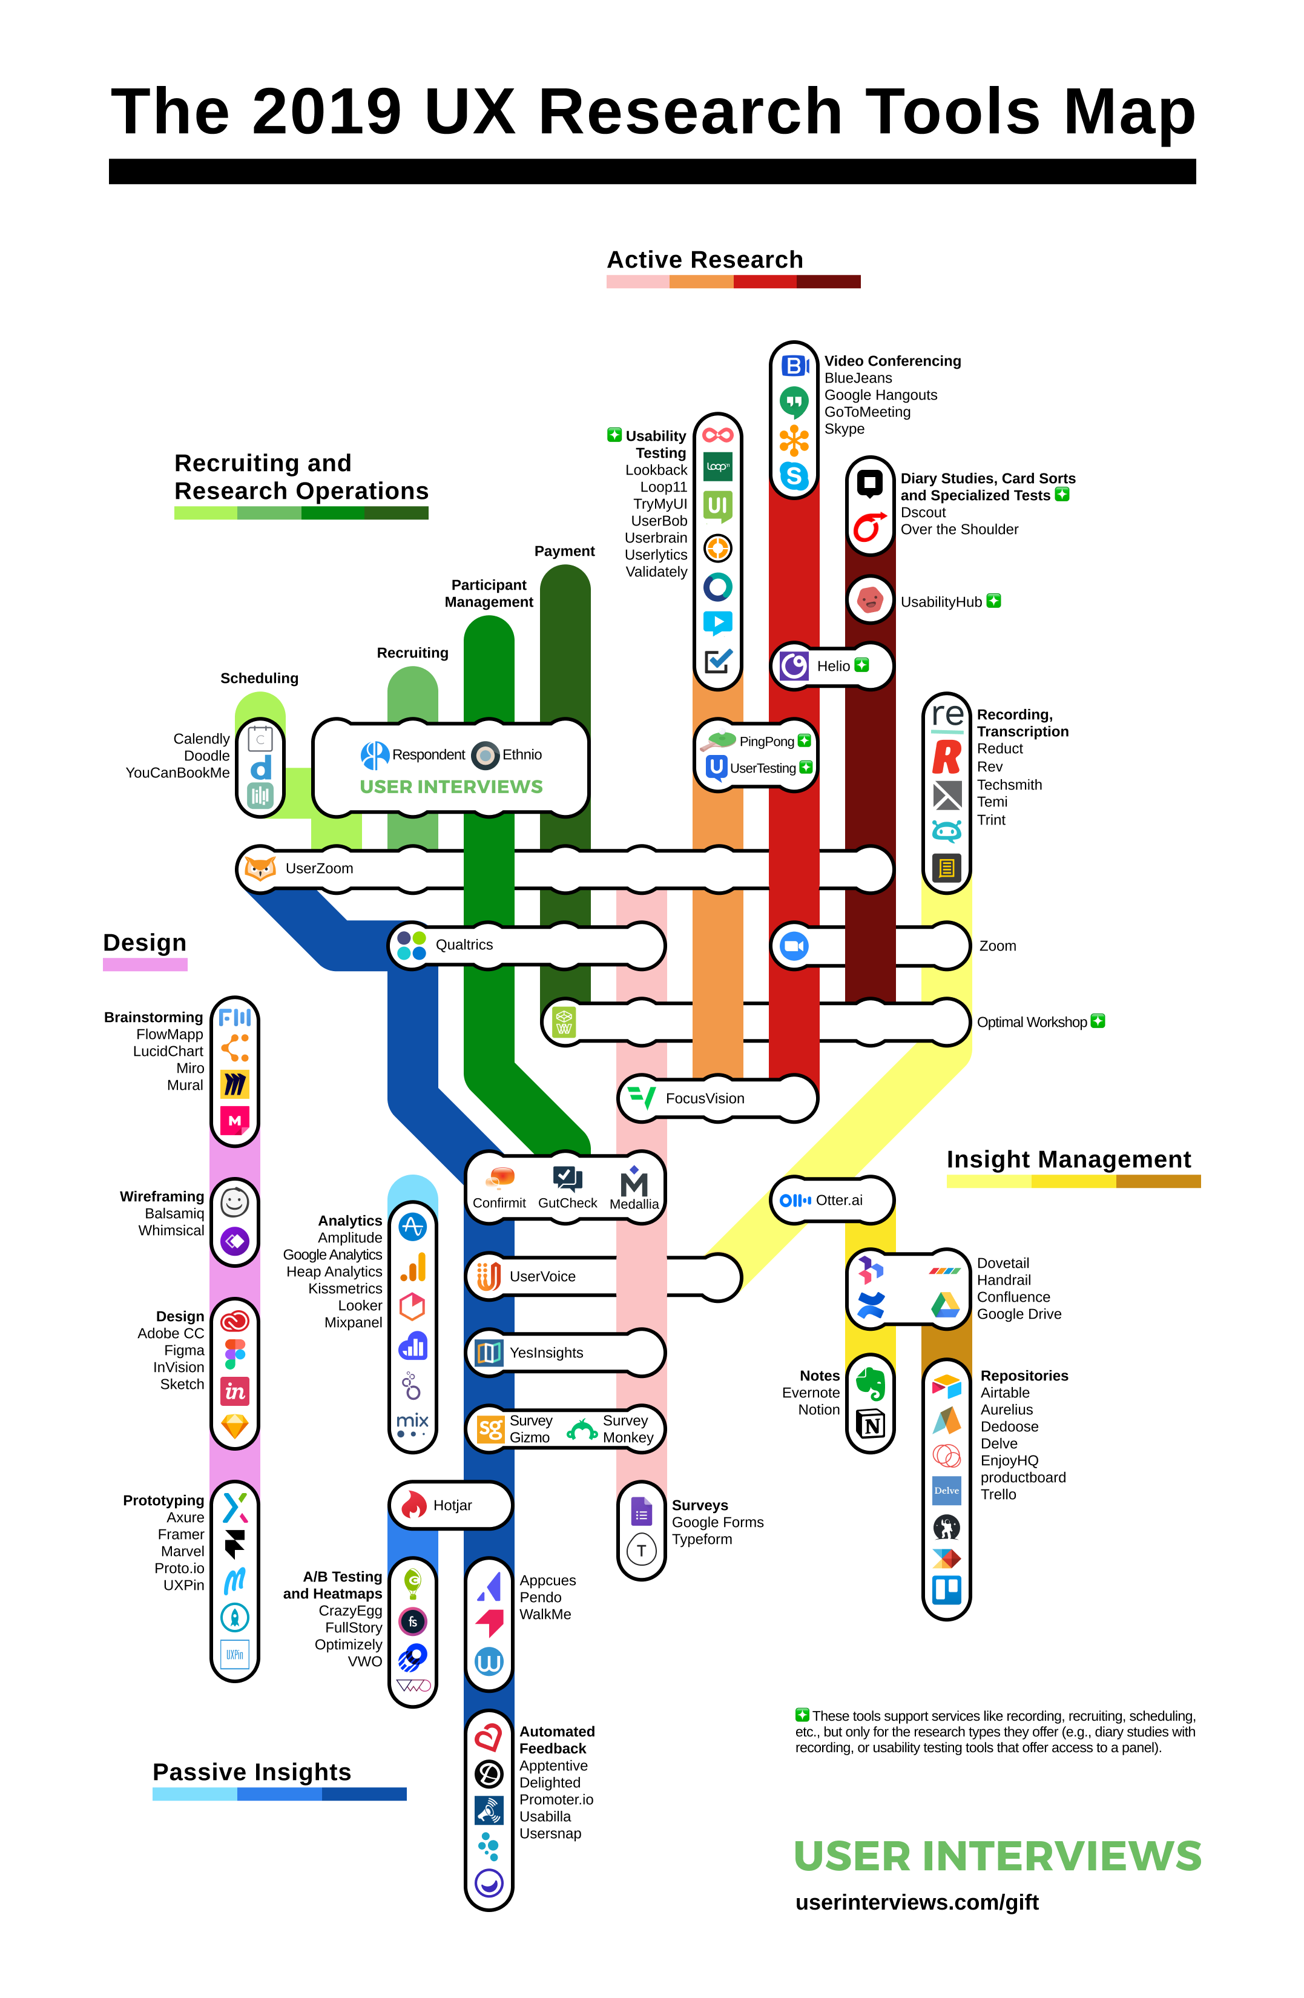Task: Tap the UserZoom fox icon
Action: pos(260,868)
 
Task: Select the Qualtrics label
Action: pos(464,945)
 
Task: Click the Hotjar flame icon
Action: pos(413,1505)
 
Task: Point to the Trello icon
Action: pos(946,1589)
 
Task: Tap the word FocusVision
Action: pos(705,1098)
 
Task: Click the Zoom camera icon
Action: pos(794,946)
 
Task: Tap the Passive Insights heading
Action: pos(252,1772)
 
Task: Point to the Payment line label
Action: pos(564,551)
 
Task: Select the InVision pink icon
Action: pos(234,1391)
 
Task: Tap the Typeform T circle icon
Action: pos(642,1550)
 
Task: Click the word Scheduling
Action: pos(258,678)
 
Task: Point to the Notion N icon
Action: pos(871,1425)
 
